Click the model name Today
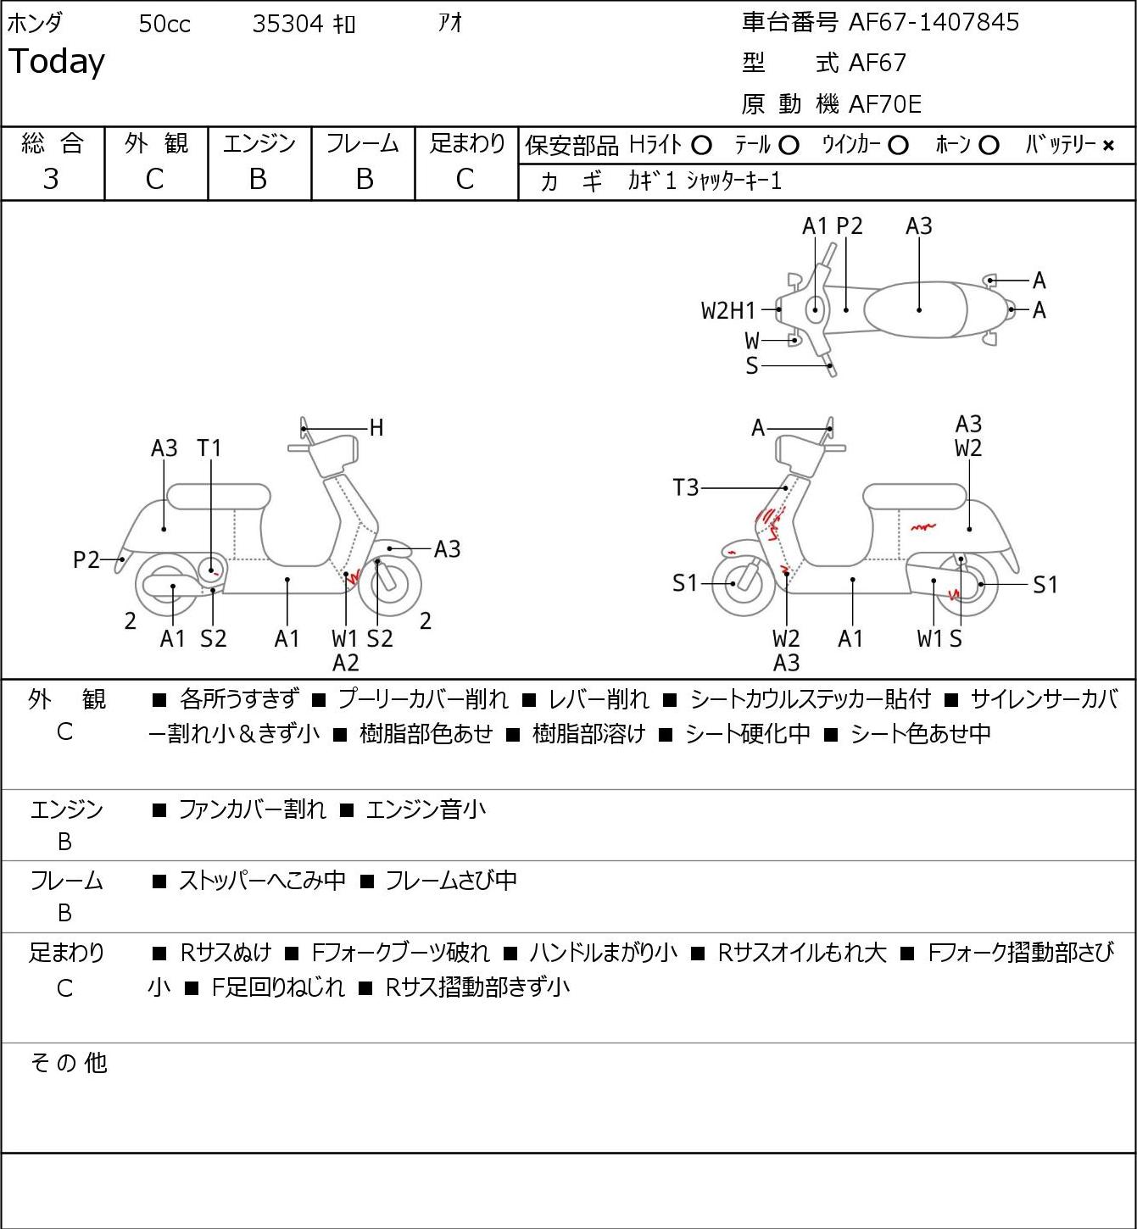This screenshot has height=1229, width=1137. pyautogui.click(x=56, y=62)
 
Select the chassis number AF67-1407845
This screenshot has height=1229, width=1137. pyautogui.click(x=934, y=22)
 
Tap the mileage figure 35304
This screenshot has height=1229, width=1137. pyautogui.click(x=287, y=24)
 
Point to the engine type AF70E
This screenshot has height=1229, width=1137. pyautogui.click(x=885, y=104)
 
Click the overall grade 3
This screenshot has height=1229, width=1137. pyautogui.click(x=52, y=179)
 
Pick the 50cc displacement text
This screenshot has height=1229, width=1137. pyautogui.click(x=164, y=24)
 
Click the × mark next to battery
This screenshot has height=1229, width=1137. pyautogui.click(x=1108, y=146)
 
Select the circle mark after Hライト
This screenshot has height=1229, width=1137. pyautogui.click(x=701, y=146)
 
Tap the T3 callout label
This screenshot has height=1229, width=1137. pyautogui.click(x=686, y=487)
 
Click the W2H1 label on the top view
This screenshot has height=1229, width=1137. pyautogui.click(x=728, y=310)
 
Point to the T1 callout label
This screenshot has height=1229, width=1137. pyautogui.click(x=209, y=448)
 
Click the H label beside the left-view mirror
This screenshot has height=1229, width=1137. pyautogui.click(x=376, y=428)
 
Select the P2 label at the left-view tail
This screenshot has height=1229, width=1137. pyautogui.click(x=86, y=559)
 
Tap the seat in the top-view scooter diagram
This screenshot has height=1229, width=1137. pyautogui.click(x=915, y=309)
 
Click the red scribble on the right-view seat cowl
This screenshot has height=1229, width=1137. pyautogui.click(x=922, y=527)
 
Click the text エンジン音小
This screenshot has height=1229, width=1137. pyautogui.click(x=426, y=809)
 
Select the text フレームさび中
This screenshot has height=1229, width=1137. pyautogui.click(x=451, y=880)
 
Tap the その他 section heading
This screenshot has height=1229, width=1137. pyautogui.click(x=69, y=1063)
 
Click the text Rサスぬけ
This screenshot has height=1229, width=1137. pyautogui.click(x=226, y=952)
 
